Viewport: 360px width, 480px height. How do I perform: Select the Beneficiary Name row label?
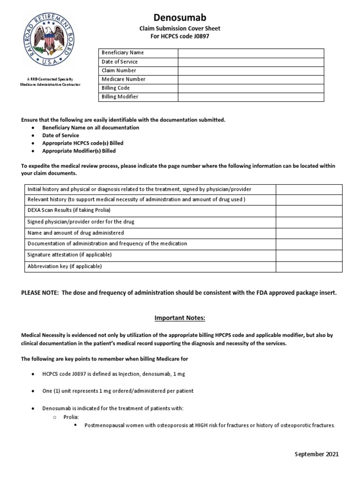click(123, 53)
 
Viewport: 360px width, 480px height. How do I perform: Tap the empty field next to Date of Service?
click(250, 61)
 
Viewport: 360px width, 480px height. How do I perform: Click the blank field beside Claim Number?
click(250, 70)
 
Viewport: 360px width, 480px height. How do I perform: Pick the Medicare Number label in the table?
click(124, 79)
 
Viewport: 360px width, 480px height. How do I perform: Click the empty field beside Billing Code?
click(250, 88)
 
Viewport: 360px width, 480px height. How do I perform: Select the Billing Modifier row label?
click(120, 97)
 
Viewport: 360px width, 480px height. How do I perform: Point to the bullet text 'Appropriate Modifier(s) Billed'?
click(79, 151)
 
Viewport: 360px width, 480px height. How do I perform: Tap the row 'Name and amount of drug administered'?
click(75, 233)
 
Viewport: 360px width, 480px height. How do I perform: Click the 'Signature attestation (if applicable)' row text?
click(69, 255)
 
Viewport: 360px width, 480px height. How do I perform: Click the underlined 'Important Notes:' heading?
click(180, 319)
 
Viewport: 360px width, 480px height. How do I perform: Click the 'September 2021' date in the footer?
click(316, 454)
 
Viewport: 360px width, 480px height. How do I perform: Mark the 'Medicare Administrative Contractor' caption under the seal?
click(50, 85)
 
